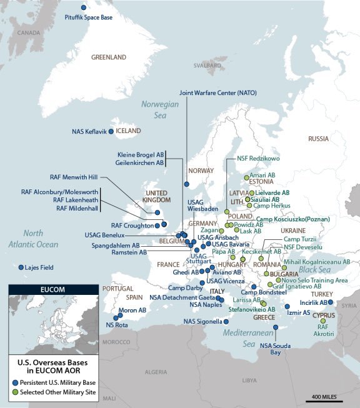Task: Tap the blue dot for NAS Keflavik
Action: click(111, 132)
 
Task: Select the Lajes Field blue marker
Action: click(21, 267)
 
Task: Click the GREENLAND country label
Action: click(109, 57)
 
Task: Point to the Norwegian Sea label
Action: click(159, 109)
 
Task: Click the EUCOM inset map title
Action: click(52, 290)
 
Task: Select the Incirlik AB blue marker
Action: click(331, 302)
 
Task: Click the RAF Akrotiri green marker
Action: click(323, 321)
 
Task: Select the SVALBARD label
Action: click(207, 65)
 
